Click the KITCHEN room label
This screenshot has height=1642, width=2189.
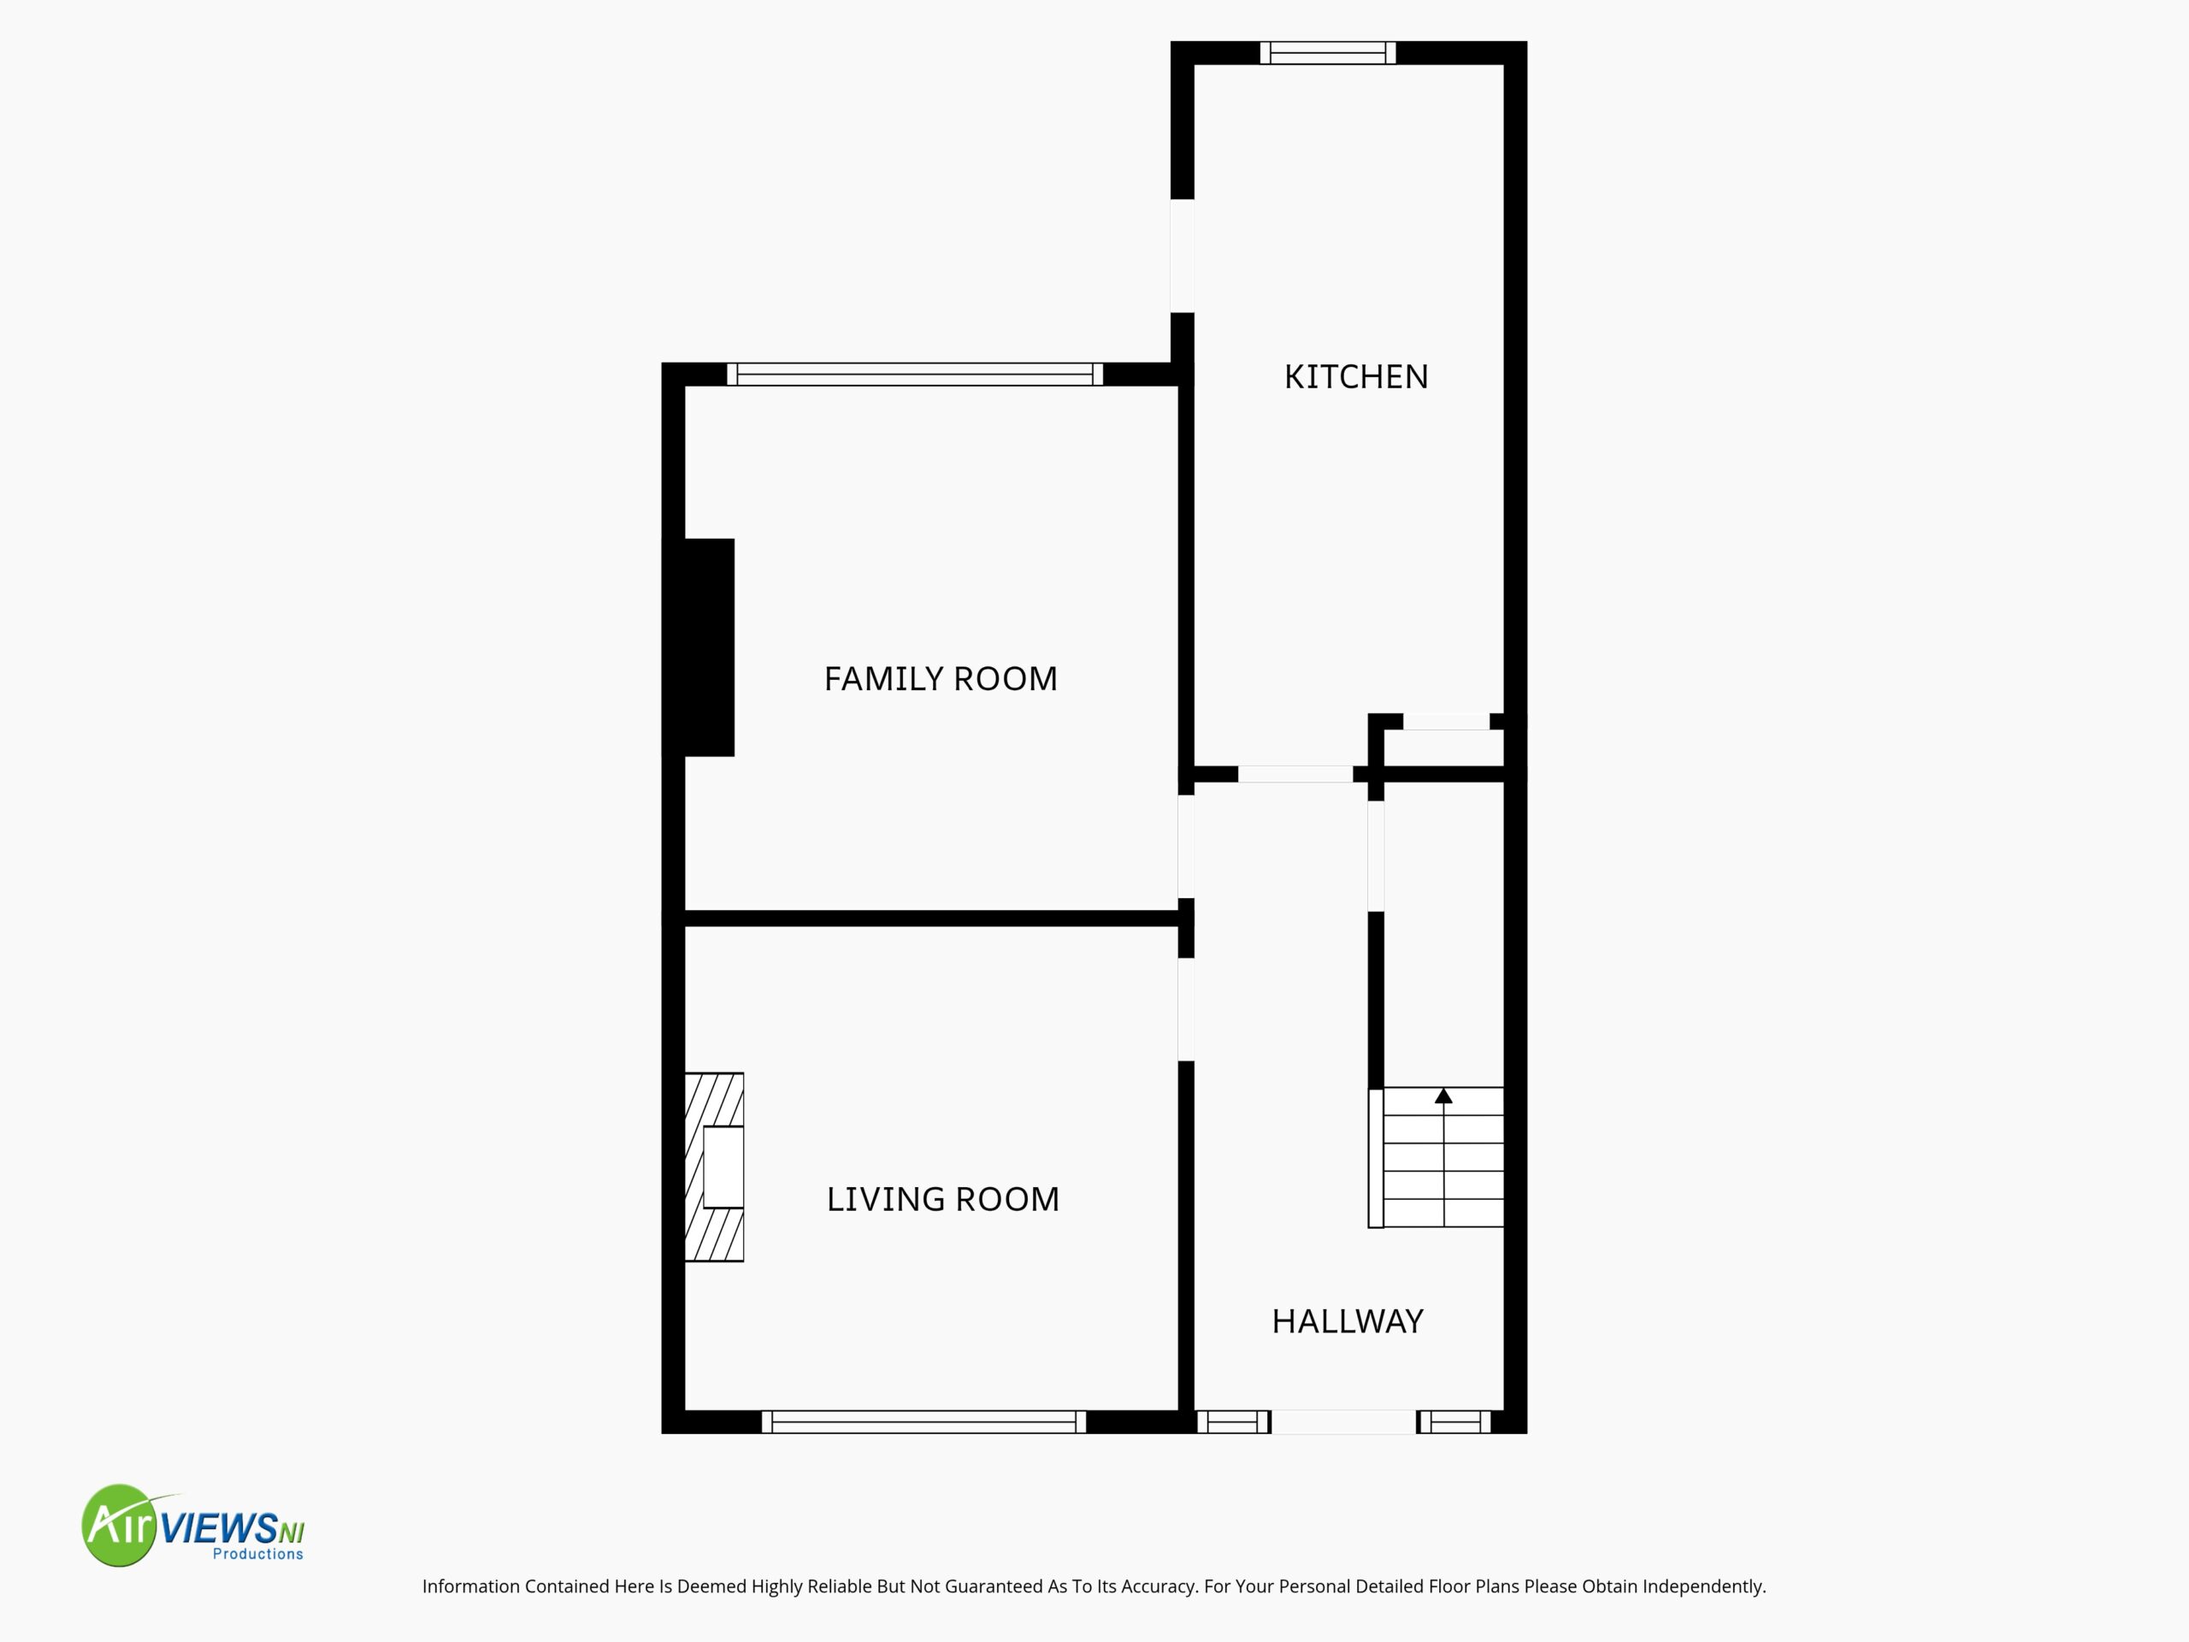(1356, 377)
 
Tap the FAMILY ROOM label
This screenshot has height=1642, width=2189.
(940, 679)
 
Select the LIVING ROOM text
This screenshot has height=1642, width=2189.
(942, 1200)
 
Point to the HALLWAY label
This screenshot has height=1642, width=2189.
(1347, 1321)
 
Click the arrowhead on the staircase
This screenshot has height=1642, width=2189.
(1444, 1096)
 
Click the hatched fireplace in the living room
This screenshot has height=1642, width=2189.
(713, 1167)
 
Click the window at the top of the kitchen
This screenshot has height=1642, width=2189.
(1327, 52)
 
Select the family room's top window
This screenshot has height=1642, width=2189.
(914, 374)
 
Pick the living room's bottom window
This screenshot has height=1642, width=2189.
(923, 1422)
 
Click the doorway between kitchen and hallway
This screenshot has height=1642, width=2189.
(1295, 774)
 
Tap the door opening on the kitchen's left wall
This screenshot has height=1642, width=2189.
(1183, 256)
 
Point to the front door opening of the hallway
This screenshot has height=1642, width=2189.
(1342, 1422)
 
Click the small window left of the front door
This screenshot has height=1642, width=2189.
(1233, 1422)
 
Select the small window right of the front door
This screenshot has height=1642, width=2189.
(1454, 1422)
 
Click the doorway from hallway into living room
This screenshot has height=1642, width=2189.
(1185, 1009)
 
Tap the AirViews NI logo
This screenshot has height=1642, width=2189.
(193, 1525)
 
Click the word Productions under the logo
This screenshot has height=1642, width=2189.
(258, 1554)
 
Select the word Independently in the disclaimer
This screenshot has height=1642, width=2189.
(1705, 1586)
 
